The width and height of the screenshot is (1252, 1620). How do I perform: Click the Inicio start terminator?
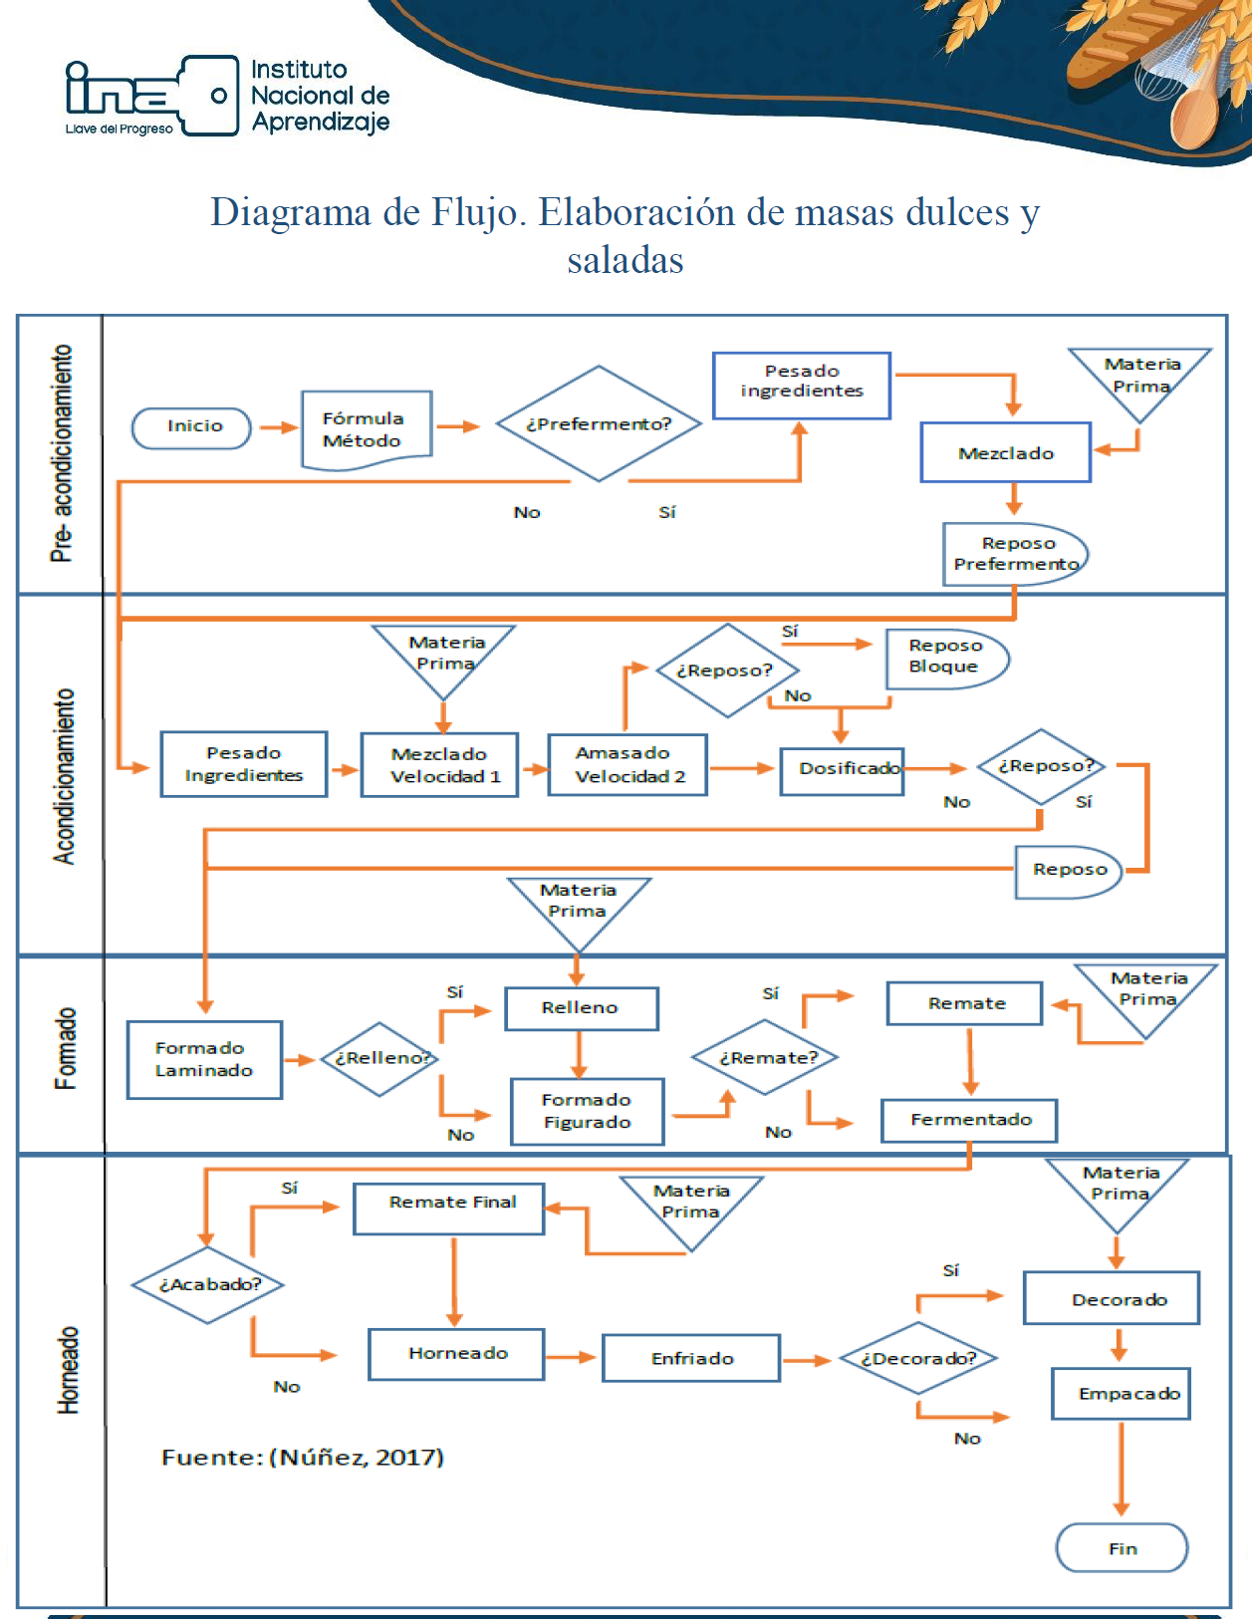pos(191,428)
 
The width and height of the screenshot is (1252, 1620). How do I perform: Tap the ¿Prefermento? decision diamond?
pos(599,423)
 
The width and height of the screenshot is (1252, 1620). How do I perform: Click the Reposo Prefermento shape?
pos(1015,554)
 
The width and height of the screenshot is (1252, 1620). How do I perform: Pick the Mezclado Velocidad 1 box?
pos(439,765)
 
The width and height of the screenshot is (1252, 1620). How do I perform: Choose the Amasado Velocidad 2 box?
pos(627,765)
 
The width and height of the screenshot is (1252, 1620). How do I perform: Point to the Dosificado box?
pos(842,771)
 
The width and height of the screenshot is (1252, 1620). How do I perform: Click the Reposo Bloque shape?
pos(947,659)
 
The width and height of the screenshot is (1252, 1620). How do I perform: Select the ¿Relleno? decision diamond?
pos(380,1059)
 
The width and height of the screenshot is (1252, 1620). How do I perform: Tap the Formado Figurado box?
pos(588,1111)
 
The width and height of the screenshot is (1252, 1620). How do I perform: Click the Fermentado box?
pos(969,1120)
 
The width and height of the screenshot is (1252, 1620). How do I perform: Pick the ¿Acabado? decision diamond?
pos(208,1285)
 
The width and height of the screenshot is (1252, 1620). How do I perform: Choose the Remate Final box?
pos(448,1209)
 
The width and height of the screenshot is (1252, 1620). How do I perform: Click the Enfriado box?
pos(691,1358)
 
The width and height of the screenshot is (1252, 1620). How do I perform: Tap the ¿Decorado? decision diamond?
pos(918,1358)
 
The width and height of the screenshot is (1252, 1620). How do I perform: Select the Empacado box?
pos(1121,1394)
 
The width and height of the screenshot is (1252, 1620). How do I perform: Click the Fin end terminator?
pos(1122,1548)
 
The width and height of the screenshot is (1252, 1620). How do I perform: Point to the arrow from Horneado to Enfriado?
pos(570,1358)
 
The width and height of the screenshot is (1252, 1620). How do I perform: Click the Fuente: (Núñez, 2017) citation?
pos(303,1457)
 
